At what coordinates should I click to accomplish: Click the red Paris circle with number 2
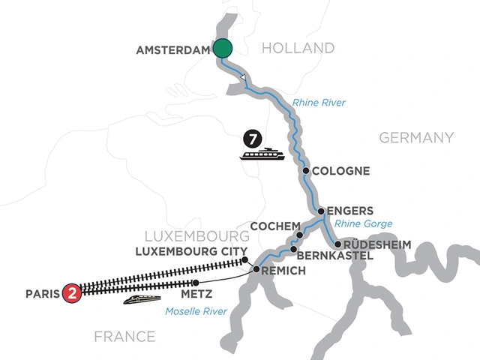point(71,291)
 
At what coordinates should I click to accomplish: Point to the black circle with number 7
point(252,139)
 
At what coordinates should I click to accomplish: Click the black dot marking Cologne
point(306,171)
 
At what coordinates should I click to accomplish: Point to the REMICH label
point(284,270)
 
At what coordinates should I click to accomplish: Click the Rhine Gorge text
point(363,224)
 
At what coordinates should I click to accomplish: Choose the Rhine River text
point(318,103)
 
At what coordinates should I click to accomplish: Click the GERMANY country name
point(416,137)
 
